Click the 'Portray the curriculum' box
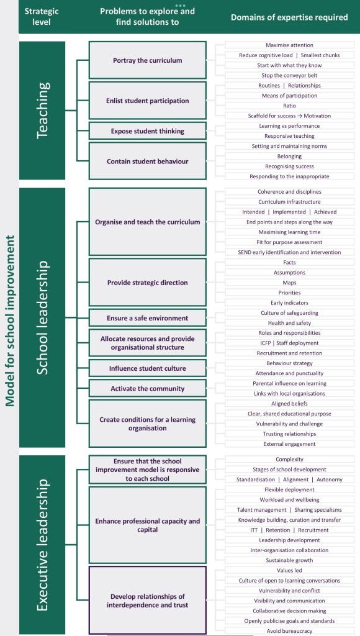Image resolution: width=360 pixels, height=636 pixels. click(x=148, y=60)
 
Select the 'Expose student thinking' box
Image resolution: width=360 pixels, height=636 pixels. click(x=148, y=131)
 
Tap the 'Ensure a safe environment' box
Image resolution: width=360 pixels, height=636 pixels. click(x=148, y=318)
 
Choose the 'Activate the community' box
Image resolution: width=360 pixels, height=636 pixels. click(x=148, y=389)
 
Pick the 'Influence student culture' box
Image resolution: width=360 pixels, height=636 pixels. click(x=148, y=368)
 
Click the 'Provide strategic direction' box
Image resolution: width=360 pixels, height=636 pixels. click(x=148, y=283)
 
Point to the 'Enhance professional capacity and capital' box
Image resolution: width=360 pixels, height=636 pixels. click(x=148, y=525)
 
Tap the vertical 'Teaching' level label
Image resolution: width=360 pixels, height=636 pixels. click(x=43, y=111)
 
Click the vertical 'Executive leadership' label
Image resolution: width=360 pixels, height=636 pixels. click(x=43, y=545)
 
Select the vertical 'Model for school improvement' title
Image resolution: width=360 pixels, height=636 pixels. click(x=10, y=320)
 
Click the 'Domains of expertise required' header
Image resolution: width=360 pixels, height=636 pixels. click(x=289, y=17)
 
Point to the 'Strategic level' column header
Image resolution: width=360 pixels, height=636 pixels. click(x=42, y=17)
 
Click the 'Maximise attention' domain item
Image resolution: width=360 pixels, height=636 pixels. click(x=289, y=45)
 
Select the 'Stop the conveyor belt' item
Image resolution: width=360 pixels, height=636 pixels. click(x=289, y=75)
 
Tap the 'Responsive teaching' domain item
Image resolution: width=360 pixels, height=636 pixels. click(x=289, y=136)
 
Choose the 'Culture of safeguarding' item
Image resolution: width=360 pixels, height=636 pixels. click(x=289, y=313)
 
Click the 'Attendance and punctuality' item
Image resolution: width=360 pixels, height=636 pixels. click(x=289, y=373)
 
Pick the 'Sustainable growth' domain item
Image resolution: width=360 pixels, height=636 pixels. click(x=289, y=560)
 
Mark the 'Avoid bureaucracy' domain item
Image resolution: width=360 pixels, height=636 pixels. click(x=289, y=631)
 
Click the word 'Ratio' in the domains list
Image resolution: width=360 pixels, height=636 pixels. click(x=289, y=106)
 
